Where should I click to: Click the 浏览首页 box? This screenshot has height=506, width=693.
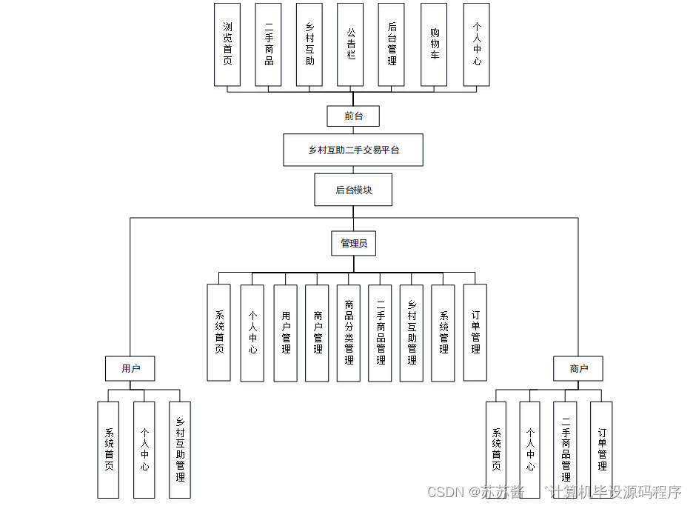[x=227, y=44]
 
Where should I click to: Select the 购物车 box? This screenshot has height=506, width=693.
[x=434, y=44]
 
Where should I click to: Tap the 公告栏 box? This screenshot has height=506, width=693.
[x=350, y=44]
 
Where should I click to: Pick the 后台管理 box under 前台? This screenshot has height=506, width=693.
[x=391, y=44]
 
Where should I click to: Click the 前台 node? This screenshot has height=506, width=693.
[x=353, y=116]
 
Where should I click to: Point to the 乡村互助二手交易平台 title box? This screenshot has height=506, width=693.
[x=353, y=150]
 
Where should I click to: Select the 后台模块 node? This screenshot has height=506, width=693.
[x=353, y=190]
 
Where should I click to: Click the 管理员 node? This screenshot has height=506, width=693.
[x=354, y=243]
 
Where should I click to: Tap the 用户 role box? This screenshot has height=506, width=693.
[x=130, y=368]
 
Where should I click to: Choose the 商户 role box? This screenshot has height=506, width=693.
[x=578, y=368]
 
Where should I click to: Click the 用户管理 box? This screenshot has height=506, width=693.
[x=286, y=333]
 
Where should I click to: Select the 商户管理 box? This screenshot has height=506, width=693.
[x=317, y=333]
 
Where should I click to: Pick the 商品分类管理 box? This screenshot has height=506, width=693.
[x=349, y=333]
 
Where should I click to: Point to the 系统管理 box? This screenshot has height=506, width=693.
[x=443, y=333]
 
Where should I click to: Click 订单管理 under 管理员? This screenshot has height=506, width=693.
[x=475, y=333]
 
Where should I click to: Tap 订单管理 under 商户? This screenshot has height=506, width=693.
[x=601, y=450]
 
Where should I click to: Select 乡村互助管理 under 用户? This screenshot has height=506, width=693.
[x=180, y=450]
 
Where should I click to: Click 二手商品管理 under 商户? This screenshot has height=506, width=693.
[x=565, y=450]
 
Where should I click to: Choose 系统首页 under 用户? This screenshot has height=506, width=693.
[x=108, y=450]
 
